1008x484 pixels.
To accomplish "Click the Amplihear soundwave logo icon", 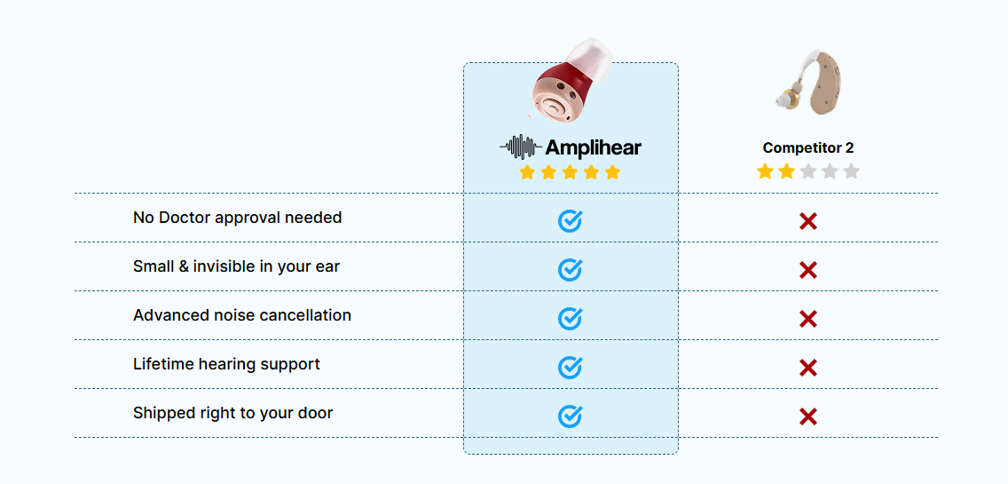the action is pos(521,147).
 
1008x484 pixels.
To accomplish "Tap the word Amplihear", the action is pos(594,148).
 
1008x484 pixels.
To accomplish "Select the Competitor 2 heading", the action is pos(808,147).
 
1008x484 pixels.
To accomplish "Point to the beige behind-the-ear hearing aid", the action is pos(808,81).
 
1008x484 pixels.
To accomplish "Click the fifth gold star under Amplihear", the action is pos(612,172).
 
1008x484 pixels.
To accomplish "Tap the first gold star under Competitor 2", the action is pos(764,171).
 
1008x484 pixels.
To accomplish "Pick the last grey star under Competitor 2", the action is pos(852,171).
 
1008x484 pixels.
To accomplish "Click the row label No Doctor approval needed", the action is pos(237,218).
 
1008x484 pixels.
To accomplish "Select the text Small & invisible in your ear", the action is pos(237,266).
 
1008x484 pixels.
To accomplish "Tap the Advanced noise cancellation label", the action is pos(242,315).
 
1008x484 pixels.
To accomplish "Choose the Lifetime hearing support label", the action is pos(226,364).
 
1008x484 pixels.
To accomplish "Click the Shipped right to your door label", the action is pos(232,413).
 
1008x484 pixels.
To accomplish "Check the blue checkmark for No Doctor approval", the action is pos(570,221).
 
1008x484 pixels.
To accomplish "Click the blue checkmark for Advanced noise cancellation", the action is pos(570,319).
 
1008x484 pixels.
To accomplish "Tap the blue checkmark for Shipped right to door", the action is pos(570,417).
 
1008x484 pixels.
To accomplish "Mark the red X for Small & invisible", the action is pos(808,270).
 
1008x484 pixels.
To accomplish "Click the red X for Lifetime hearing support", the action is pos(808,369).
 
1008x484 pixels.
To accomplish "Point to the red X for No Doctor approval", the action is pos(808,221).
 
